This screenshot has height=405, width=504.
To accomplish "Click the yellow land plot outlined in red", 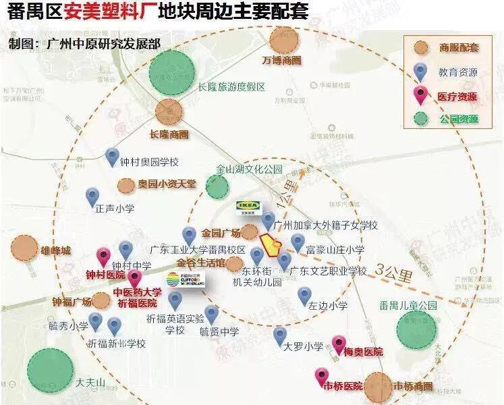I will (x=271, y=246).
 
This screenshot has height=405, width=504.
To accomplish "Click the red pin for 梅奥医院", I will (x=339, y=344).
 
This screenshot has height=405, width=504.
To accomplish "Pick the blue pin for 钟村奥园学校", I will (x=113, y=157).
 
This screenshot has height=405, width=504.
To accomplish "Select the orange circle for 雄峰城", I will (x=26, y=249).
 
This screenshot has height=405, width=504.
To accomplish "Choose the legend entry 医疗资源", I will (x=456, y=96).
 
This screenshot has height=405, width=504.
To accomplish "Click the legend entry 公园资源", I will (x=456, y=119).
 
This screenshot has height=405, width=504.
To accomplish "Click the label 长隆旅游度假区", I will (x=232, y=86).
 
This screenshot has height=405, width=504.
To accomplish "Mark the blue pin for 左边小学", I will (x=305, y=294).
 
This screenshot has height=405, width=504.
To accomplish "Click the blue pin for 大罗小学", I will (x=280, y=334).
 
